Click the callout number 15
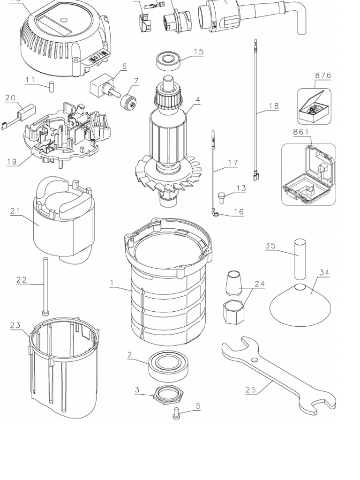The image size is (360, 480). point(198,52)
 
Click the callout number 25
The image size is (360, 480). point(251,389)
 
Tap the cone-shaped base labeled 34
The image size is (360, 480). point(300,306)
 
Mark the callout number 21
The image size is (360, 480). point(15,211)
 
